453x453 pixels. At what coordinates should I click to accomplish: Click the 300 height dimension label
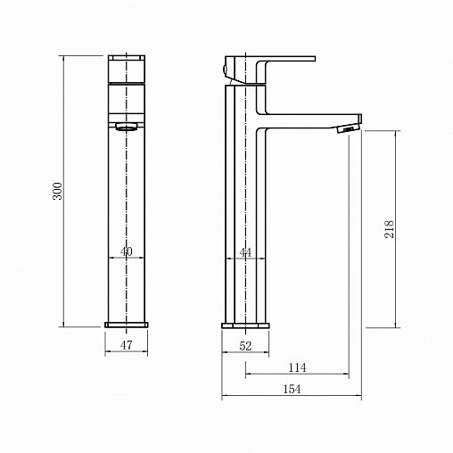[57, 191]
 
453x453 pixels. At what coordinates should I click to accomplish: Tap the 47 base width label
[127, 345]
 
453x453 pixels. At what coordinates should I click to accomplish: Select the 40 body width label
[127, 251]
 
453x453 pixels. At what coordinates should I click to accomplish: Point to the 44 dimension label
[245, 252]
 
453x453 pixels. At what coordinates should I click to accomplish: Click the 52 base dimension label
[245, 346]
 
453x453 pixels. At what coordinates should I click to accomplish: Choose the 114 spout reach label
[297, 367]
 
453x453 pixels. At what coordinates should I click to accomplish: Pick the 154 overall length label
[292, 389]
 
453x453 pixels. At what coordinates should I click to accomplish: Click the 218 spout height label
[389, 229]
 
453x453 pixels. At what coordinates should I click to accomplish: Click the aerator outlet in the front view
[127, 128]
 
